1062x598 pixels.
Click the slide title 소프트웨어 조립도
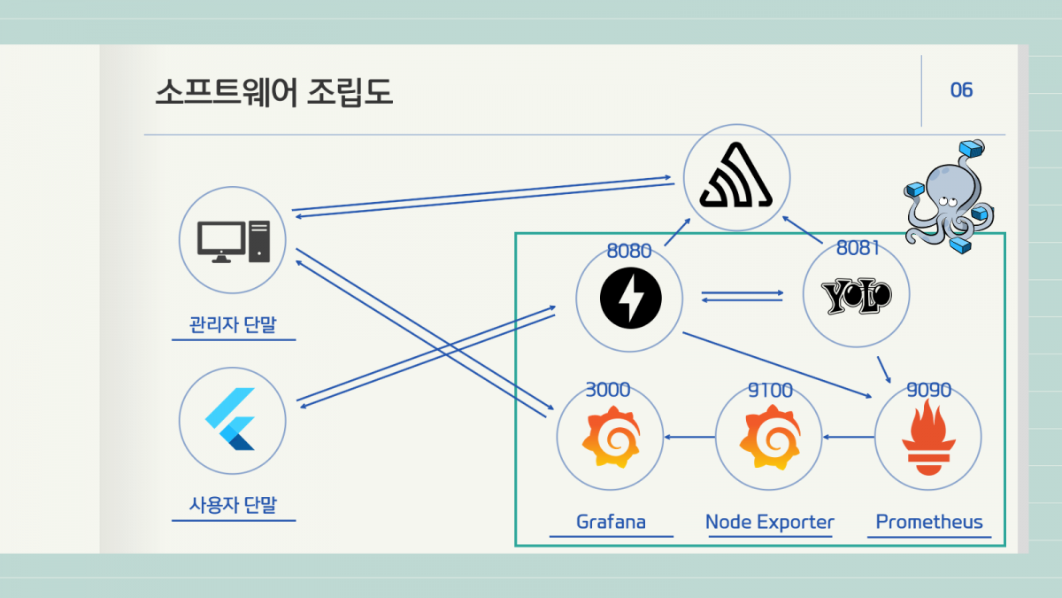pyautogui.click(x=273, y=92)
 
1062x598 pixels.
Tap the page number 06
pyautogui.click(x=961, y=90)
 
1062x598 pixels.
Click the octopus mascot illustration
pyautogui.click(x=948, y=196)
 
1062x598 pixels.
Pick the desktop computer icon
pyautogui.click(x=233, y=240)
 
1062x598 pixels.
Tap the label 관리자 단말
pyautogui.click(x=233, y=324)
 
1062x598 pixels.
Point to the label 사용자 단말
pyautogui.click(x=233, y=505)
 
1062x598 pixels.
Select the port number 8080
pyautogui.click(x=629, y=251)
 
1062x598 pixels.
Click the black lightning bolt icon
pyautogui.click(x=629, y=298)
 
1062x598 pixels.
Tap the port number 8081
pyautogui.click(x=858, y=248)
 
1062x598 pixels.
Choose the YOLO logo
pyautogui.click(x=856, y=297)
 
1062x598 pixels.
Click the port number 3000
pyautogui.click(x=608, y=390)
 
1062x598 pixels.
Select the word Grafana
pyautogui.click(x=611, y=522)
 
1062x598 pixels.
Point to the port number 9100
pyautogui.click(x=769, y=390)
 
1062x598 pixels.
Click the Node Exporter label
pyautogui.click(x=769, y=522)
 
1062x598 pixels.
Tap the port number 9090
pyautogui.click(x=928, y=390)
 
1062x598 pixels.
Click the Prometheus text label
pyautogui.click(x=928, y=522)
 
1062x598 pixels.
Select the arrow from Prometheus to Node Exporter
pyautogui.click(x=849, y=437)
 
